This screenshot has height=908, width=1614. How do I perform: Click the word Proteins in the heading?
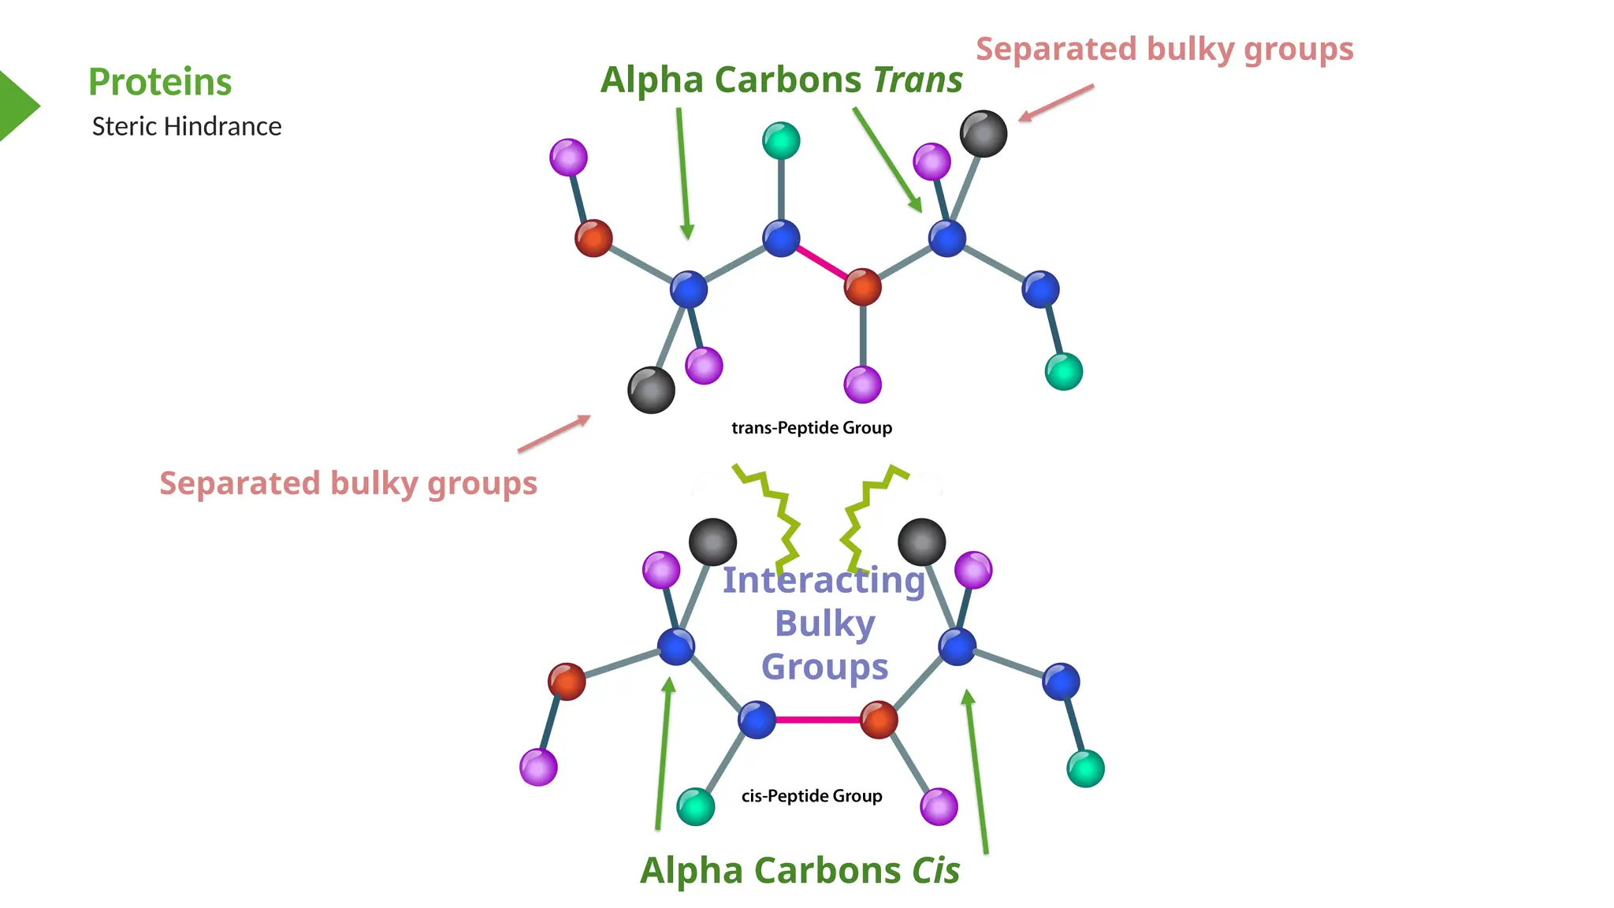click(160, 82)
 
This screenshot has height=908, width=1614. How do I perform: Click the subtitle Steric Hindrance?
click(187, 126)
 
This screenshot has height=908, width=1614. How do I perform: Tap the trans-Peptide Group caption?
click(812, 428)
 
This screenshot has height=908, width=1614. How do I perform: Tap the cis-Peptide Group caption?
click(812, 796)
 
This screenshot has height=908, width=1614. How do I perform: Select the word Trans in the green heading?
click(918, 80)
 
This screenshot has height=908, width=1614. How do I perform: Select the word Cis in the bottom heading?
click(936, 871)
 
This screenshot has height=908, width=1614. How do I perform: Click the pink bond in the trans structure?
click(821, 262)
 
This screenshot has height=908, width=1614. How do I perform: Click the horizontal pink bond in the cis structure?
click(818, 720)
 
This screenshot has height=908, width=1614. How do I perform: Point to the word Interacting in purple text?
click(824, 580)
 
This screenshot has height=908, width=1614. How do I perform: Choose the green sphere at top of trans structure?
click(781, 141)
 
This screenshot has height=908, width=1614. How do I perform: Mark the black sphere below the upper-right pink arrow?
click(984, 133)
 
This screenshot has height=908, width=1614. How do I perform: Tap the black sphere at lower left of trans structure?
click(651, 390)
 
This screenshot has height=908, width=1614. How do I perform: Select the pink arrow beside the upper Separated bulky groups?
click(1056, 102)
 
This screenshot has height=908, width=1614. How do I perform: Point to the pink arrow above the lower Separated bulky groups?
click(554, 434)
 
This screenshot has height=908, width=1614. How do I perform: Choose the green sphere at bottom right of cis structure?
click(1085, 768)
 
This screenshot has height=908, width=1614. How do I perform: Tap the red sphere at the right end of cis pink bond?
click(879, 719)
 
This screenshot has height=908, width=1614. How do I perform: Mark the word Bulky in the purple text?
click(825, 623)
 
